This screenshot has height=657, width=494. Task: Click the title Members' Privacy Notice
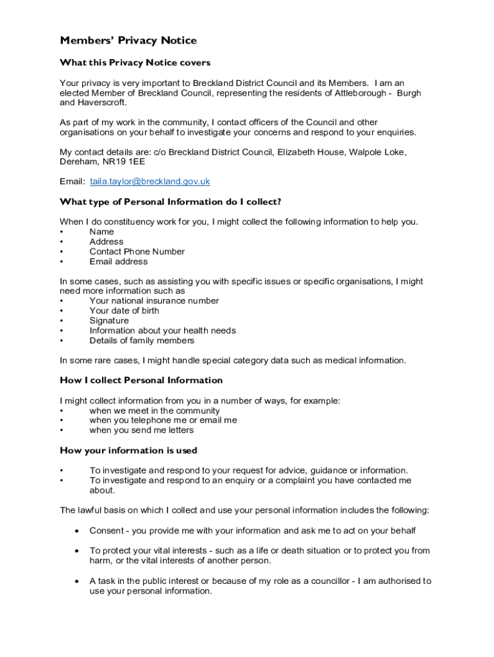(128, 40)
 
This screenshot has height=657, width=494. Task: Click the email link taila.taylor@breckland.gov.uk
(150, 182)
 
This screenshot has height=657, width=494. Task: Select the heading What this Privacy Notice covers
(135, 63)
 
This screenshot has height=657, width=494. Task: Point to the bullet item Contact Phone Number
(137, 252)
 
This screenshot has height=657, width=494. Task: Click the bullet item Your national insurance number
(154, 301)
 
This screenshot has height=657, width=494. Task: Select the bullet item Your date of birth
(124, 311)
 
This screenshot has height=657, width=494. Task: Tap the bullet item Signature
(109, 321)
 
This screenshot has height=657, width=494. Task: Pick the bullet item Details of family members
(142, 341)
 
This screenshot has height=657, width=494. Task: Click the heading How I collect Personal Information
(141, 380)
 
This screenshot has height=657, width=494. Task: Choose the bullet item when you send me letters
(141, 431)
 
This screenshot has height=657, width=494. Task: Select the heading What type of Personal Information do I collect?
(171, 201)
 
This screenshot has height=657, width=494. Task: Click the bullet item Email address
(119, 262)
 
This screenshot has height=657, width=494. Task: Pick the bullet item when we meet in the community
(155, 411)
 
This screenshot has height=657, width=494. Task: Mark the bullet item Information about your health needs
(162, 331)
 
